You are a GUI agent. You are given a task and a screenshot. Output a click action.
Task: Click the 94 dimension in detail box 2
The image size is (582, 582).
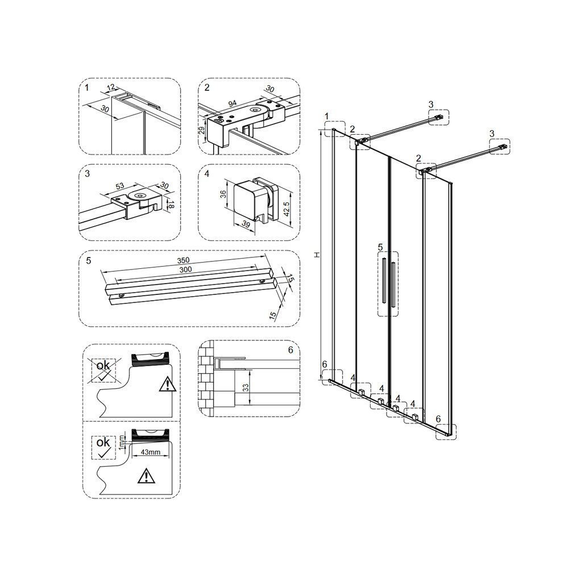[x=232, y=103]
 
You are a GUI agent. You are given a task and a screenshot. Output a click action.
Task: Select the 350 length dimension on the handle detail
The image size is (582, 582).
[x=183, y=260]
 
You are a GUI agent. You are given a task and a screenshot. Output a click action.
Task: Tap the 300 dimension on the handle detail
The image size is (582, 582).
[x=185, y=269]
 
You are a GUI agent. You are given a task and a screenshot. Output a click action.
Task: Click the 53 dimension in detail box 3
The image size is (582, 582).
[x=120, y=186]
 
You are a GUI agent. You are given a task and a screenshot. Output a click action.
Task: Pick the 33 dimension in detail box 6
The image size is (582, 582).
[x=246, y=388]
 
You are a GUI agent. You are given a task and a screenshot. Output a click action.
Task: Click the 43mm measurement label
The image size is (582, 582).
[x=150, y=452]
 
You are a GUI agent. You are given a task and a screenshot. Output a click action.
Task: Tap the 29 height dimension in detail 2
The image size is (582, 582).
[x=202, y=131]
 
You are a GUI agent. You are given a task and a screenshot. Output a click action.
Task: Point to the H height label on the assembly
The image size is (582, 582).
[x=317, y=255]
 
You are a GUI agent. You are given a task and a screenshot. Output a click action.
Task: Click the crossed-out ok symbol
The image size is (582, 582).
[x=103, y=370]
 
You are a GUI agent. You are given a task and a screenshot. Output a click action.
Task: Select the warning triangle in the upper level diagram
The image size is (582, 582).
[x=168, y=384]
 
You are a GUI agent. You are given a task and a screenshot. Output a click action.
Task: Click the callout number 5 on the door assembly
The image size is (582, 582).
[x=380, y=247]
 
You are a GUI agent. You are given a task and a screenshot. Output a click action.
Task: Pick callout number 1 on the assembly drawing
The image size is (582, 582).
[x=327, y=117]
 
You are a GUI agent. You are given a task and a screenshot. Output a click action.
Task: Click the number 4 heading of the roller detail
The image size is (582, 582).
[x=207, y=173]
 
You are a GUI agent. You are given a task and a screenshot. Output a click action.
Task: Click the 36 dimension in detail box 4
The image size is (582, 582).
[x=223, y=194]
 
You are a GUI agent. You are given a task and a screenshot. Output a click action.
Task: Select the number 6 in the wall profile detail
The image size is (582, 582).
[x=290, y=350]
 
